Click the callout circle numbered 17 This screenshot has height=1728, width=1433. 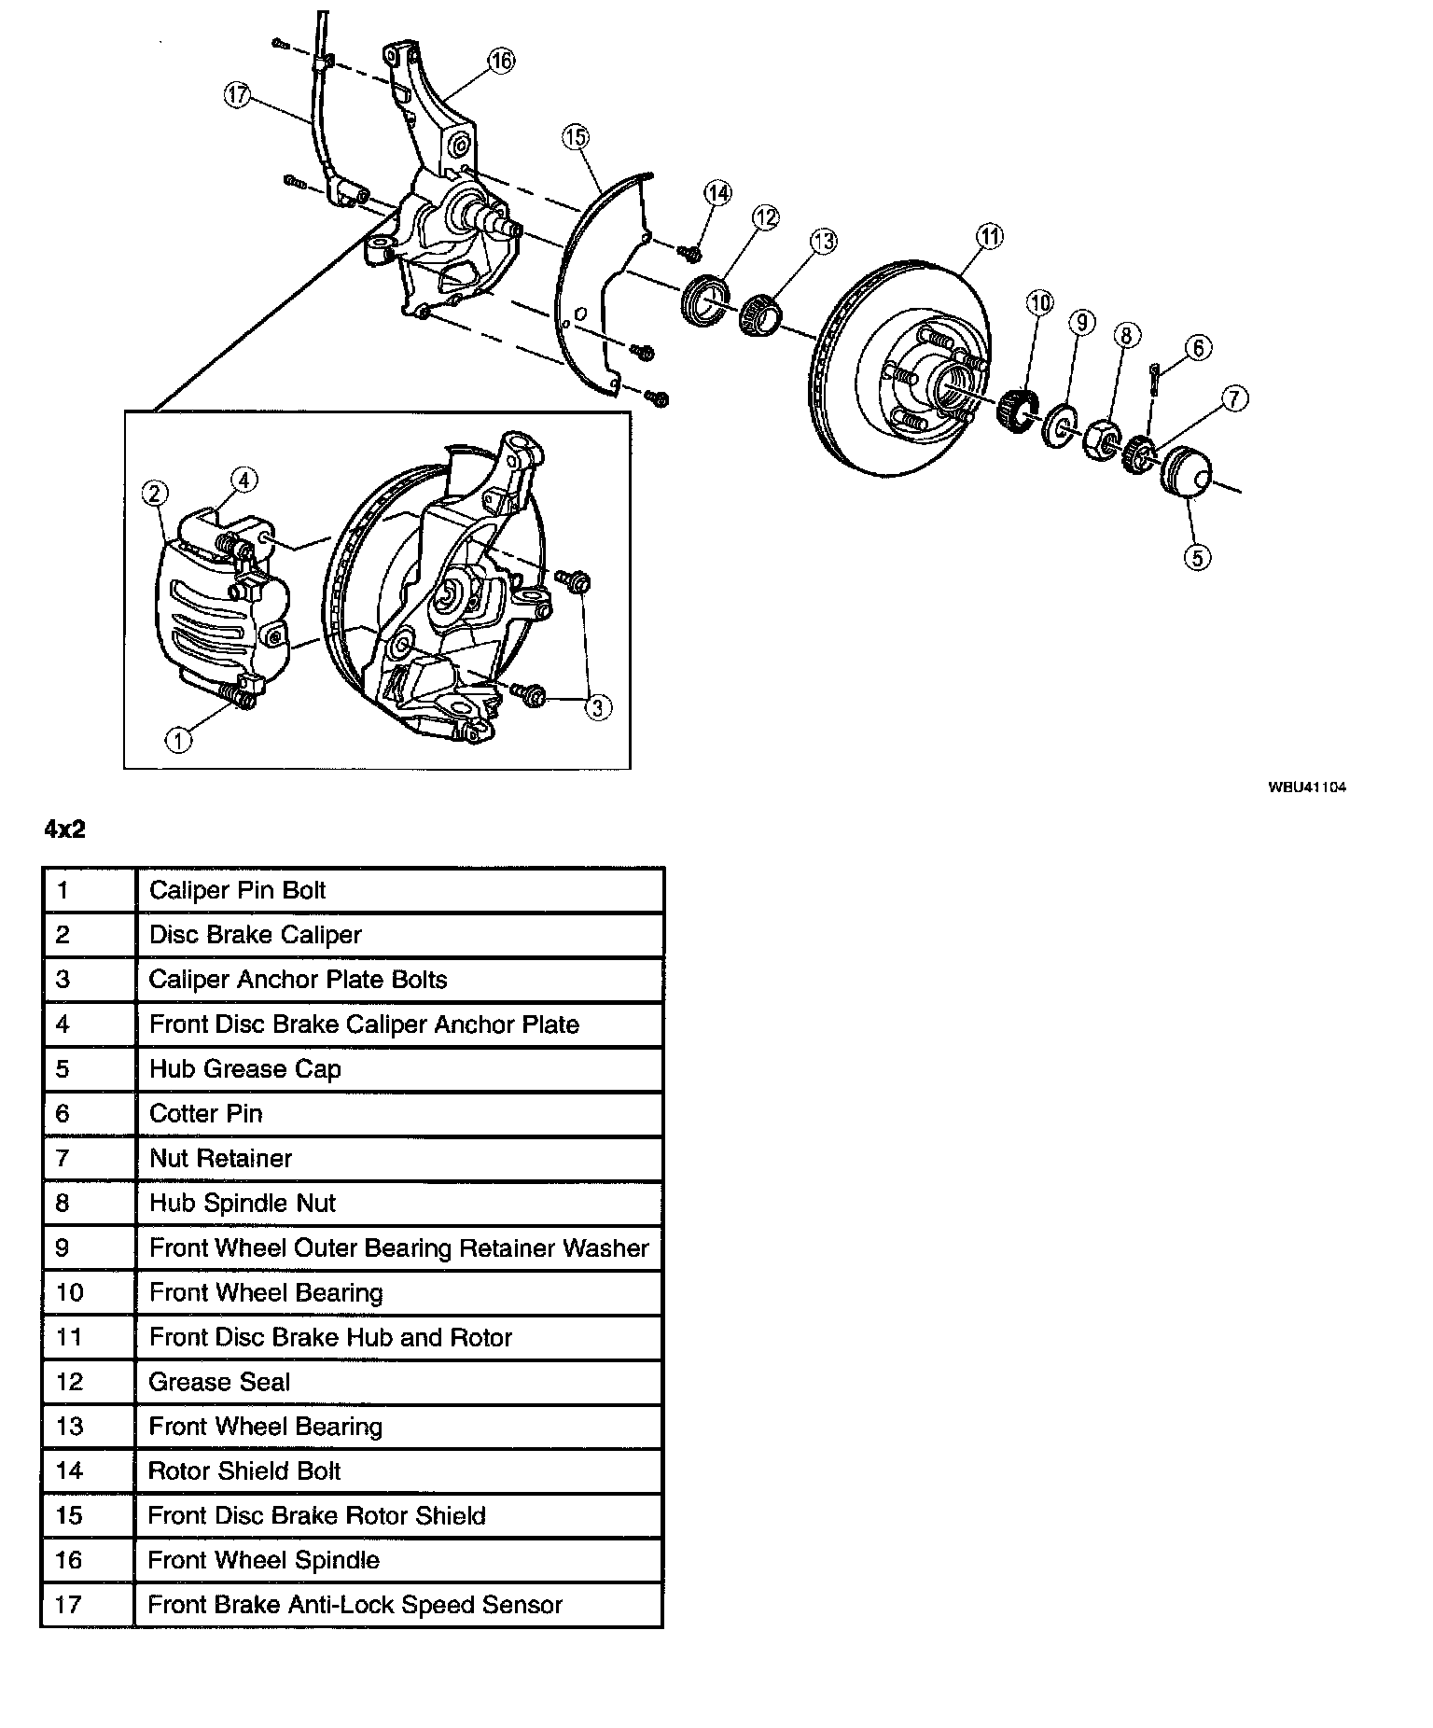(x=239, y=95)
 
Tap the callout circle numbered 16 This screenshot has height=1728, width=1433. (x=501, y=62)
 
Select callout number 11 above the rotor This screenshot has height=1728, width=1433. (x=990, y=237)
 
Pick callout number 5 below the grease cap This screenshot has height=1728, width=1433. (x=1197, y=557)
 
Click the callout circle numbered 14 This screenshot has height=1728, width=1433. (x=717, y=194)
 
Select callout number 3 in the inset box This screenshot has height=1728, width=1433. (x=597, y=707)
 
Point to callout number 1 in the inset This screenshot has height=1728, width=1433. (x=177, y=740)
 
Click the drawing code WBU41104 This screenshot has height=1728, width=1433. (x=1306, y=787)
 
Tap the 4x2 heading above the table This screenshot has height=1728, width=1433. (x=64, y=829)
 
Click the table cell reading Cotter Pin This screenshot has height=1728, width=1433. (x=206, y=1113)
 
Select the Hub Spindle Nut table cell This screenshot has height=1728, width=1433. (x=243, y=1203)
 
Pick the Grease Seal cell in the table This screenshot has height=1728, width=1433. (x=219, y=1382)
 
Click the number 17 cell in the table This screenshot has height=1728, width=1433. (x=69, y=1605)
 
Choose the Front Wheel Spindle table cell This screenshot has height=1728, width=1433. (x=264, y=1560)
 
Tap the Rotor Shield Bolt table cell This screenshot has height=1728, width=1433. (x=244, y=1471)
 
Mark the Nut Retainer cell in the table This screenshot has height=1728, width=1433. (x=221, y=1158)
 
